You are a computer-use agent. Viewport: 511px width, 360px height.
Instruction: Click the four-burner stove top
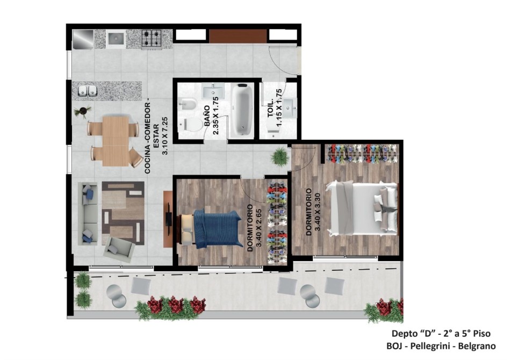[152, 39]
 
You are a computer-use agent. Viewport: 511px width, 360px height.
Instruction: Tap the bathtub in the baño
[242, 110]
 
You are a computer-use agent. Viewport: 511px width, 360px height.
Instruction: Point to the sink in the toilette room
[289, 107]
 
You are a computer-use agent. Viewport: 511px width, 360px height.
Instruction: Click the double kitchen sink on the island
[88, 91]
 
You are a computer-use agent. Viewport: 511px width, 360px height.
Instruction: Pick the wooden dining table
[116, 141]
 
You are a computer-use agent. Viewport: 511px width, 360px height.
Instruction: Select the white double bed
[362, 208]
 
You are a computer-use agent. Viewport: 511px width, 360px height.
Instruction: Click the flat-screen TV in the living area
[169, 219]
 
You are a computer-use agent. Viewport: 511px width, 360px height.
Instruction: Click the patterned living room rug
[123, 212]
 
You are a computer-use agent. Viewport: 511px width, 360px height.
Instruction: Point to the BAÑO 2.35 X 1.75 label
[212, 116]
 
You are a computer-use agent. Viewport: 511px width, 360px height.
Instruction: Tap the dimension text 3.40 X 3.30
[318, 212]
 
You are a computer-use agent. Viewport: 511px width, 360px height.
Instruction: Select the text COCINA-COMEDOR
[147, 138]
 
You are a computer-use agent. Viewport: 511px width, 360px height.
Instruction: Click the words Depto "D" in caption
[414, 334]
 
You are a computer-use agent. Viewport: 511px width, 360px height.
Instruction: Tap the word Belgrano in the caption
[477, 345]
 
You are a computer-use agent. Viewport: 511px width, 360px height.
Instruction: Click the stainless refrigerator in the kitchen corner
[83, 39]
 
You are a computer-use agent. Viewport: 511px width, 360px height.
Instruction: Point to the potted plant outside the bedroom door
[279, 157]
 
